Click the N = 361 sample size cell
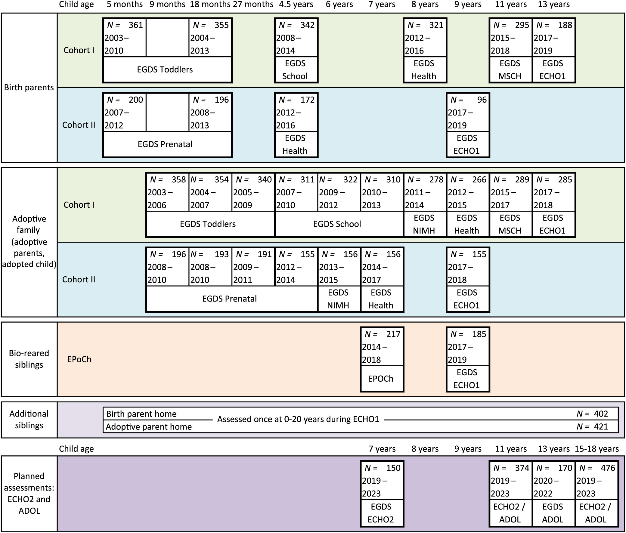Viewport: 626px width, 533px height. (125, 25)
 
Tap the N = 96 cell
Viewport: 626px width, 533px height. (468, 100)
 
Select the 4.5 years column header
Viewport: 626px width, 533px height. (296, 5)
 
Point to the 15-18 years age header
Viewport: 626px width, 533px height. (597, 449)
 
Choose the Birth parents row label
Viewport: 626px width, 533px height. (29, 88)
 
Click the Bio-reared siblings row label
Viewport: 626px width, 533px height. (29, 359)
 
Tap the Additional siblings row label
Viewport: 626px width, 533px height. (29, 420)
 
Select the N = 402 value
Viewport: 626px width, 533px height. (592, 414)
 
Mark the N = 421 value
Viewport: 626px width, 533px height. (592, 427)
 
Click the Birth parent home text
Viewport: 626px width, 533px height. (141, 414)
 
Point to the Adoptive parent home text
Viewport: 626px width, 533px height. (149, 427)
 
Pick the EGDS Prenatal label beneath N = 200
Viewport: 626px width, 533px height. (165, 144)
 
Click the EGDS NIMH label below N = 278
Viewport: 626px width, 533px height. (424, 224)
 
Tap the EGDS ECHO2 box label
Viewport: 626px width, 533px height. (381, 513)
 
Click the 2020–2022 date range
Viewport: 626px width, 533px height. (546, 487)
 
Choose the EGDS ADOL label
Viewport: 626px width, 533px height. (553, 513)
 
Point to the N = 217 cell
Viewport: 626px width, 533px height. (382, 334)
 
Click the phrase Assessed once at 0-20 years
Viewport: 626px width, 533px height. (298, 420)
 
